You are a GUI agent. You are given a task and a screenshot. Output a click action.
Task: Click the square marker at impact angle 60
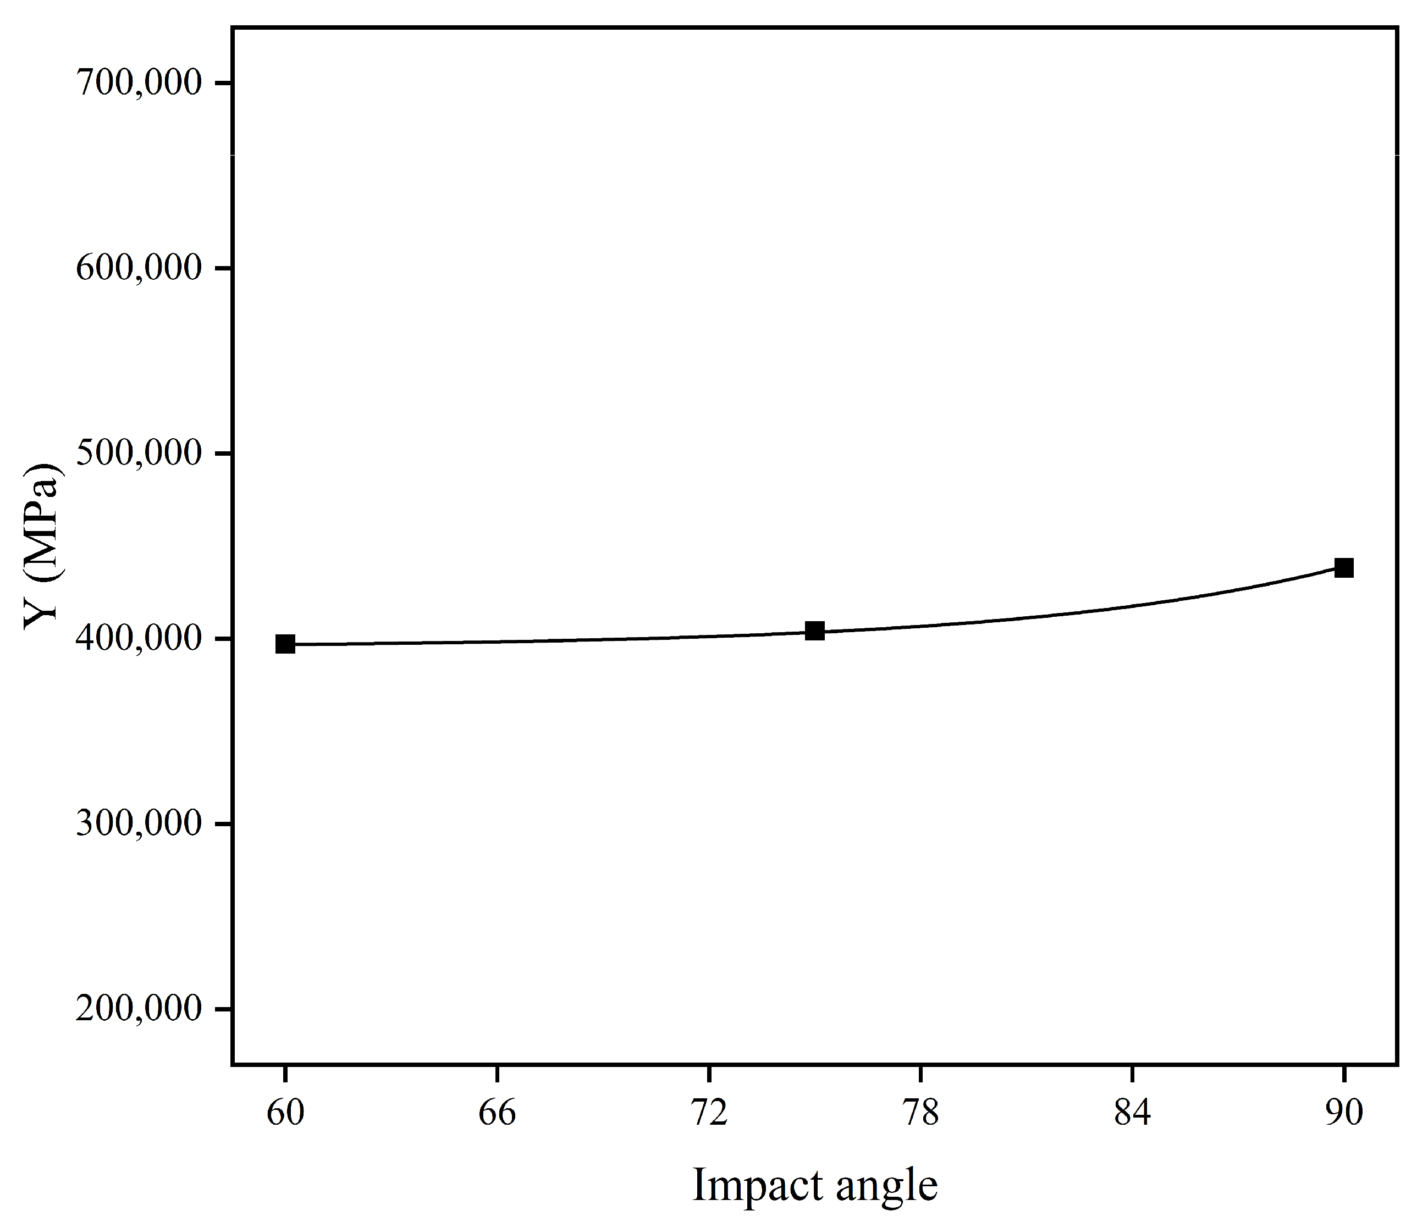pyautogui.click(x=285, y=644)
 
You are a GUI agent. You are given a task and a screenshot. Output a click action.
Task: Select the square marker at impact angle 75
pyautogui.click(x=814, y=631)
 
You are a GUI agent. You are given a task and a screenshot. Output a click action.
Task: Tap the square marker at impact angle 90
pyautogui.click(x=1344, y=568)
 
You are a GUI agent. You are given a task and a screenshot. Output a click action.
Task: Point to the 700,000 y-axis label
pyautogui.click(x=139, y=84)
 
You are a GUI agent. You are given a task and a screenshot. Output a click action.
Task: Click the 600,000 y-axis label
pyautogui.click(x=139, y=268)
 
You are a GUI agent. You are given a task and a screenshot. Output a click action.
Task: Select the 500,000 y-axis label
pyautogui.click(x=139, y=453)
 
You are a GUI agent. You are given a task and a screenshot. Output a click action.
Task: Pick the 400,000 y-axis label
pyautogui.click(x=139, y=638)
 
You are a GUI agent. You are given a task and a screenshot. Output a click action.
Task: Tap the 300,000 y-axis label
pyautogui.click(x=139, y=823)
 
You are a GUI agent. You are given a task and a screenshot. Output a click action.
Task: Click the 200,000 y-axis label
pyautogui.click(x=139, y=1009)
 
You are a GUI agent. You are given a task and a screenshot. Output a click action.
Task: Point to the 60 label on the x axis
pyautogui.click(x=285, y=1113)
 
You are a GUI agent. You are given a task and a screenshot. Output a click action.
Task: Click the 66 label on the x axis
pyautogui.click(x=497, y=1113)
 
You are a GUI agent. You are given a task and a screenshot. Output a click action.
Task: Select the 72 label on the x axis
pyautogui.click(x=709, y=1113)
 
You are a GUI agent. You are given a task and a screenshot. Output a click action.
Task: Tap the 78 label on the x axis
pyautogui.click(x=921, y=1113)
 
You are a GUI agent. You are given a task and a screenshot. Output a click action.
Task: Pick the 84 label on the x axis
pyautogui.click(x=1133, y=1113)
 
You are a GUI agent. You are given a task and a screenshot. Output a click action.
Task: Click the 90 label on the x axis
pyautogui.click(x=1344, y=1113)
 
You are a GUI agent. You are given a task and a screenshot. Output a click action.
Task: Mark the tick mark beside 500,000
pyautogui.click(x=224, y=453)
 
